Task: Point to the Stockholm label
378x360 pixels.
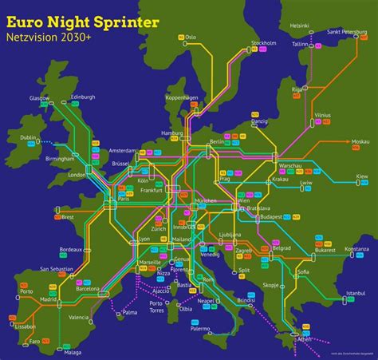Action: point(263,42)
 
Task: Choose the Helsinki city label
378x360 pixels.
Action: point(299,26)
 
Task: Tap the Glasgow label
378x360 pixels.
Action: point(39,98)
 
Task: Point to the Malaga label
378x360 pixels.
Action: point(73,352)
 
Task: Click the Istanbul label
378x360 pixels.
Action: point(354,293)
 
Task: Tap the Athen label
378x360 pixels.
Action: point(305,339)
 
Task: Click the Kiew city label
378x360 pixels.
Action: point(362,175)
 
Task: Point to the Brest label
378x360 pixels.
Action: point(67,216)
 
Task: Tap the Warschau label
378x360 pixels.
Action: point(289,164)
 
